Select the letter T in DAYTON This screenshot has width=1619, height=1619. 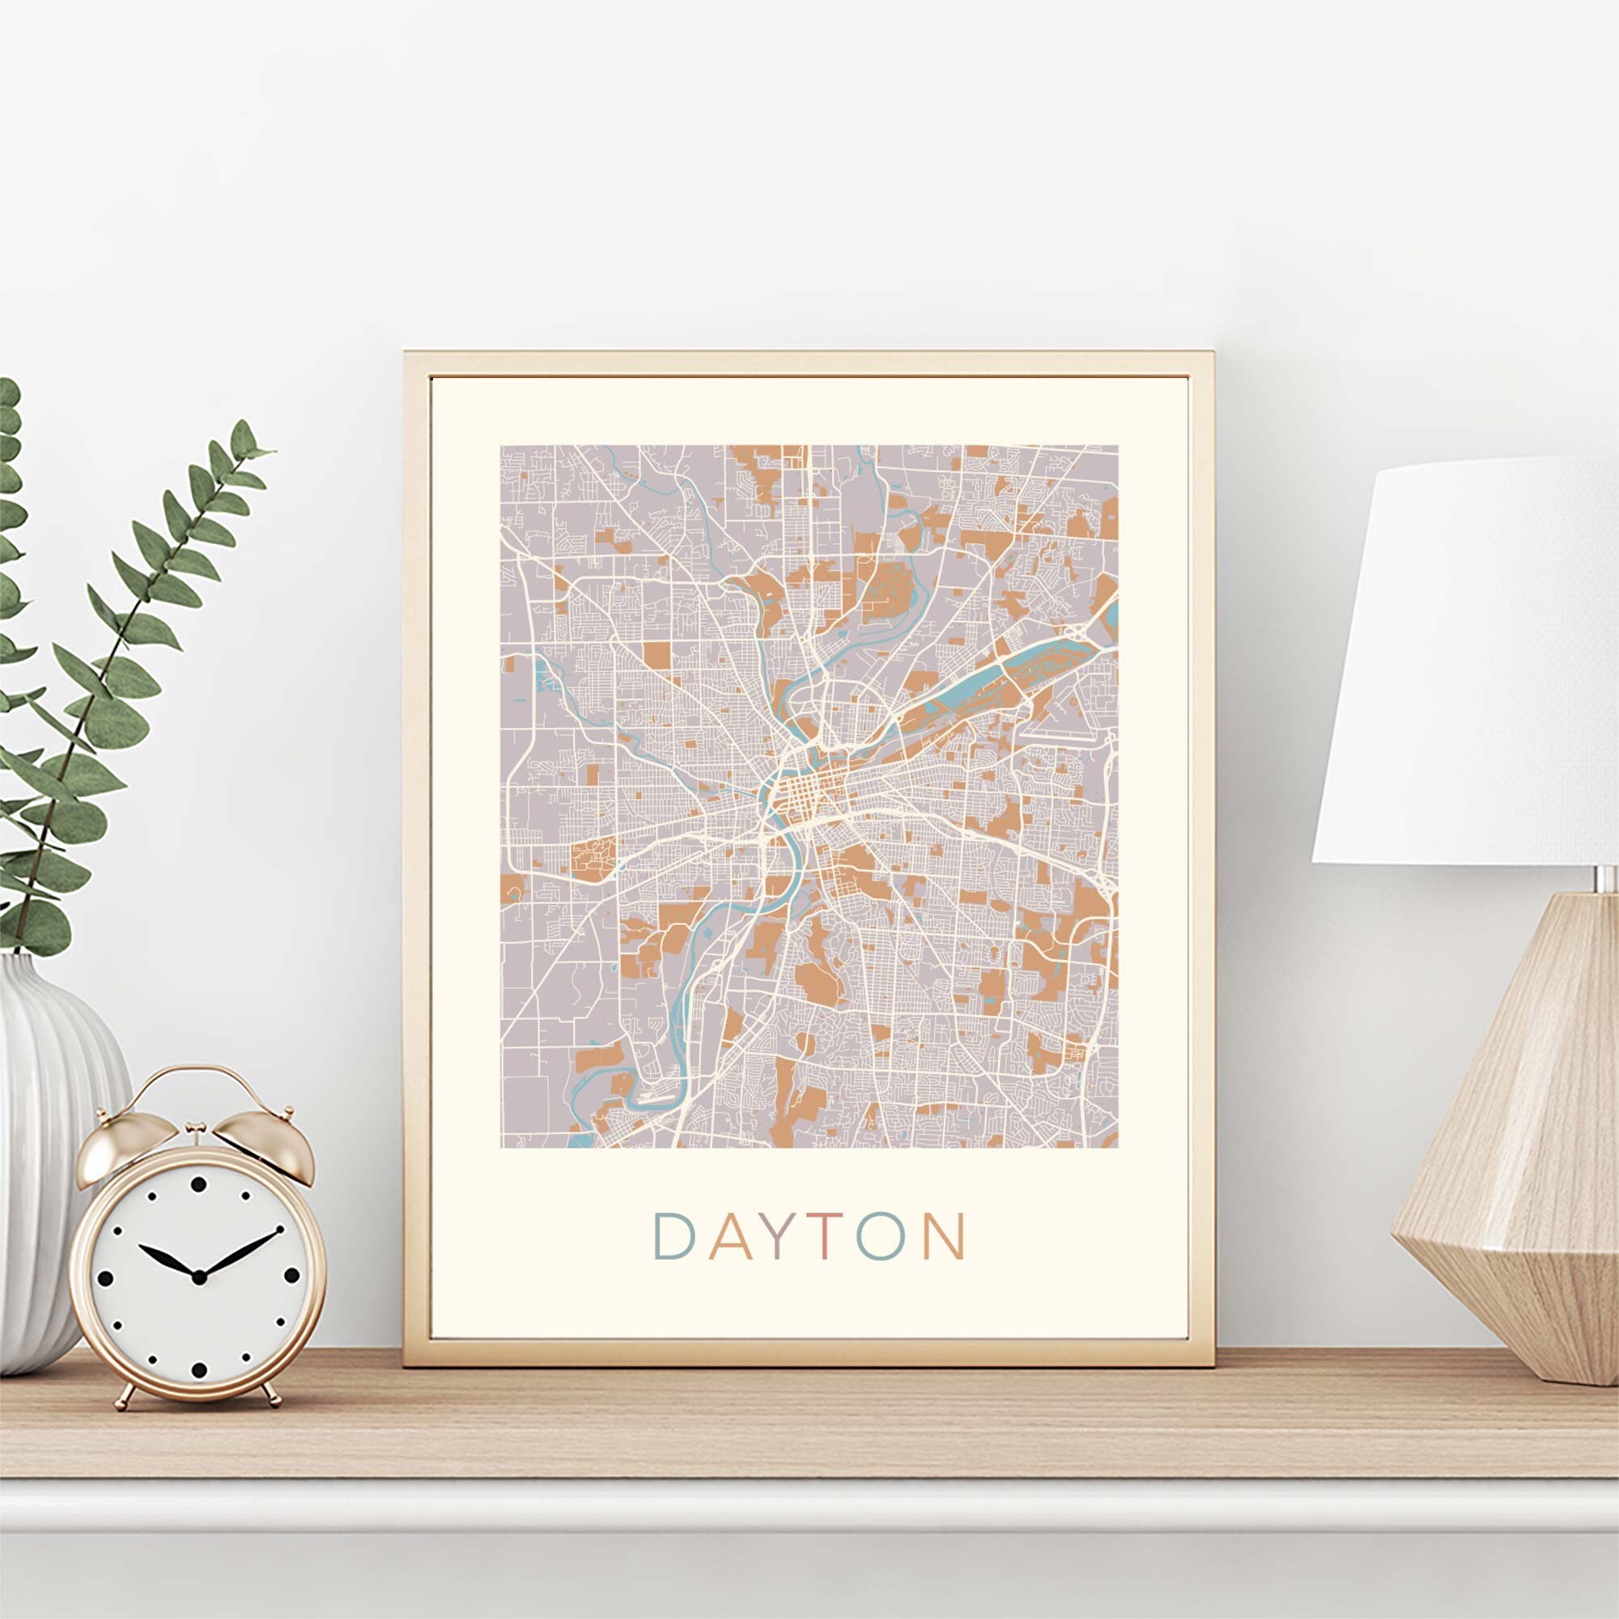tap(826, 1236)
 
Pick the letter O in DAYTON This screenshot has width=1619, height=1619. tap(880, 1236)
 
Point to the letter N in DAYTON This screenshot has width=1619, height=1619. tap(944, 1236)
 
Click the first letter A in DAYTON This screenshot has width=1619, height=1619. tap(728, 1236)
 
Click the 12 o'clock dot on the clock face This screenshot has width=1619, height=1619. tap(198, 1184)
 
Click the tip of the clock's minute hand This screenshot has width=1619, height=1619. tap(279, 1230)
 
